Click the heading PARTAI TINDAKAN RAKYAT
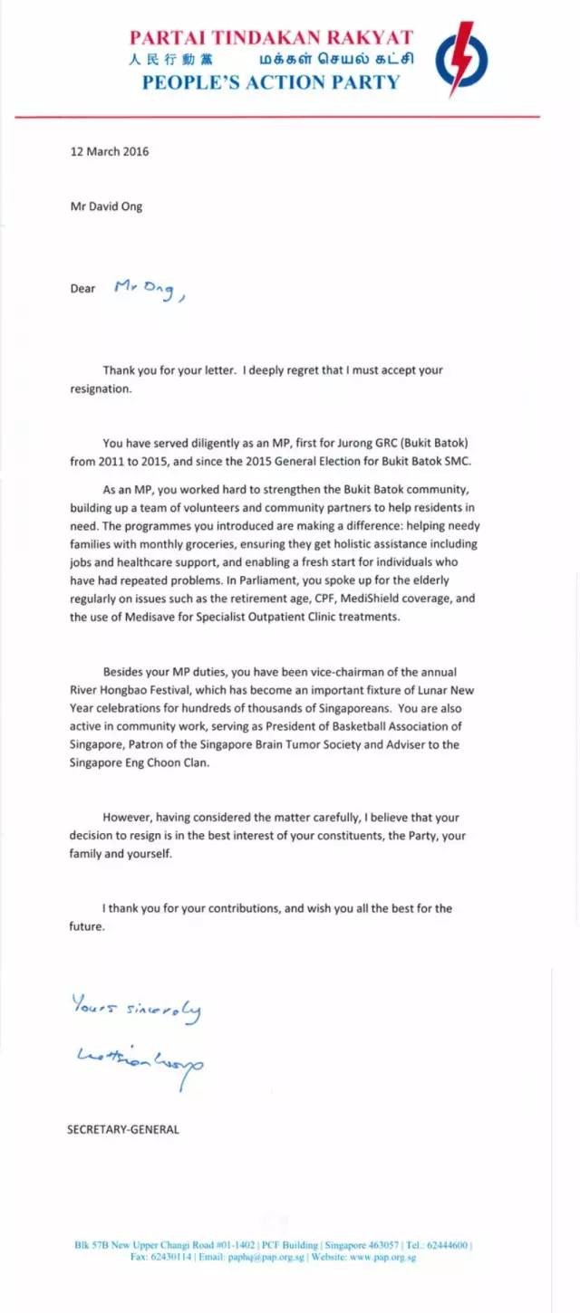271,38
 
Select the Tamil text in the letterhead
337,60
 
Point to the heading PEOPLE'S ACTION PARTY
270,82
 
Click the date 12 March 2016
110,151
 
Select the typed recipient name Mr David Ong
106,206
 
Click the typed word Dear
83,289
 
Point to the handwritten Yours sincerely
136,1009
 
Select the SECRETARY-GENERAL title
123,1129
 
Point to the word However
129,816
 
